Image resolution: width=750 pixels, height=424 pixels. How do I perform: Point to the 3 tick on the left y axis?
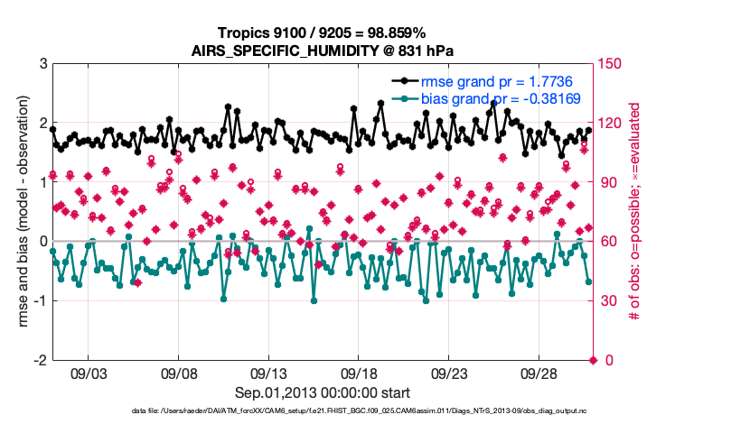[42, 64]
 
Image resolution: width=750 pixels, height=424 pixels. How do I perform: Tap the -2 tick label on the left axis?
[40, 360]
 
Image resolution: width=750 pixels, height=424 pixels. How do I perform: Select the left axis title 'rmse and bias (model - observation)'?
[24, 212]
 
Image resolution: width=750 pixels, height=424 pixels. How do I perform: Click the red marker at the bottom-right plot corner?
[593, 360]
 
